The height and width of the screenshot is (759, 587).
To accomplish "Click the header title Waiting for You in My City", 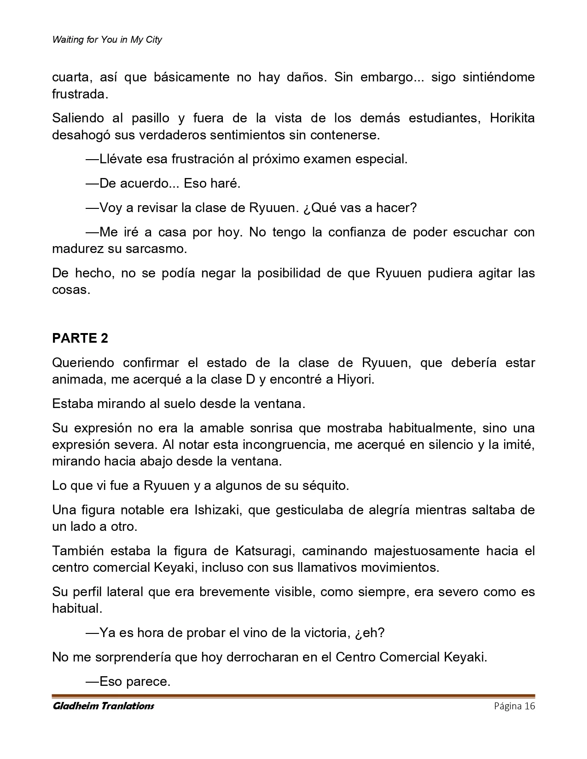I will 107,40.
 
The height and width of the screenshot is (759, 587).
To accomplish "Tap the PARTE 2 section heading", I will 80,338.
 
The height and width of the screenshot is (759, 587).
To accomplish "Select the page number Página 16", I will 514,706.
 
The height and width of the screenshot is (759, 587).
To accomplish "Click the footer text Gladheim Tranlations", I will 103,706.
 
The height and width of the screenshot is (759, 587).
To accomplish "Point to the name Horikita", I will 512,118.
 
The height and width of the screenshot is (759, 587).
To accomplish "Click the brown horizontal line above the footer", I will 293,696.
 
